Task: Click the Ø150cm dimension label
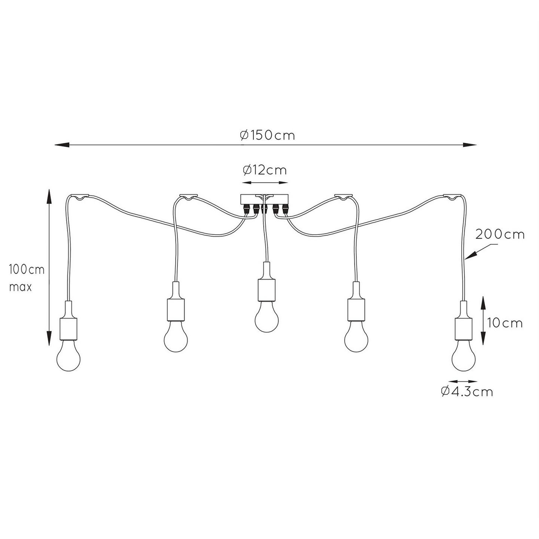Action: coord(267,135)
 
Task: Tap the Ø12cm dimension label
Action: coord(265,170)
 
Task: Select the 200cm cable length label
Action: coord(500,234)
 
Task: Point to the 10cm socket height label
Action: coord(505,323)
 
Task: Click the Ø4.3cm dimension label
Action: coord(467,392)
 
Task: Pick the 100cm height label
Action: coord(27,269)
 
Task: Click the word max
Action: coord(21,287)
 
